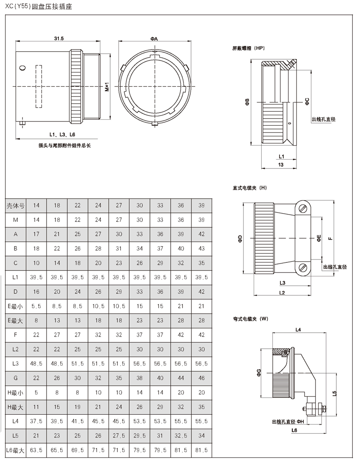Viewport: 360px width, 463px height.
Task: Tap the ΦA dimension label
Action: click(x=154, y=39)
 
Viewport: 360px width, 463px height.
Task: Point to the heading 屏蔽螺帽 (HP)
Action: click(x=249, y=49)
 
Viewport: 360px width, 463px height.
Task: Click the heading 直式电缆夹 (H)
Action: click(x=249, y=187)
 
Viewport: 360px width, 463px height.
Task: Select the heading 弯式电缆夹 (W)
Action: click(x=250, y=319)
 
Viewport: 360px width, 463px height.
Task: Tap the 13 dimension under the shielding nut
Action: click(x=281, y=165)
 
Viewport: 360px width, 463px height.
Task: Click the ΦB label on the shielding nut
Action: click(x=247, y=102)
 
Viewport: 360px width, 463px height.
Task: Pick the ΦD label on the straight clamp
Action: click(x=240, y=239)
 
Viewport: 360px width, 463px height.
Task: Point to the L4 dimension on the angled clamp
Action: click(x=298, y=329)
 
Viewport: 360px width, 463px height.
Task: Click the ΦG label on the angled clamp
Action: click(x=258, y=372)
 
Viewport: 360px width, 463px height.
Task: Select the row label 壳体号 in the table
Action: click(x=16, y=205)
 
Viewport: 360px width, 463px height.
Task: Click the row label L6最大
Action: click(x=16, y=450)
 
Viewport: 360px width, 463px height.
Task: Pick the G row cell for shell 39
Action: click(x=202, y=378)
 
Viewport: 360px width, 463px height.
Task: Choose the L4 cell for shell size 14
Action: click(x=36, y=421)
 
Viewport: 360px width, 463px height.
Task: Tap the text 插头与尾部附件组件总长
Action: click(x=65, y=145)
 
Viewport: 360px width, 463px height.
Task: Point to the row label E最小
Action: click(x=16, y=306)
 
